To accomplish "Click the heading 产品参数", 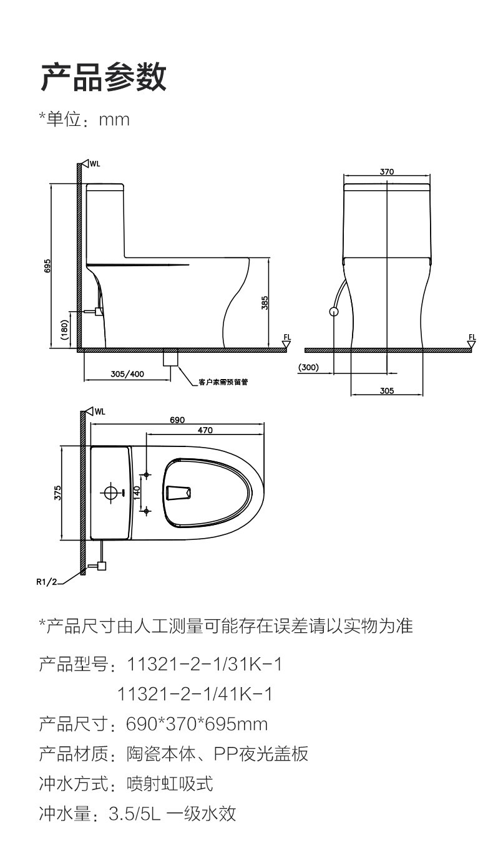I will coord(104,77).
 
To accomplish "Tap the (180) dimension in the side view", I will coord(64,329).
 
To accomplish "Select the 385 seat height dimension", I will coord(265,303).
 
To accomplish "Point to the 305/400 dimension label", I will coord(127,374).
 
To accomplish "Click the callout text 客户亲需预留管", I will coord(223,382).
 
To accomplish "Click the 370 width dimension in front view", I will coord(387,171).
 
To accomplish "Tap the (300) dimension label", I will coord(308,367).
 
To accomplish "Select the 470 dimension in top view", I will coord(205,430).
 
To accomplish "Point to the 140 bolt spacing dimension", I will coord(137,493).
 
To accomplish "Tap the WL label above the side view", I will coord(94,164).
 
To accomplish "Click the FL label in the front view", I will coord(472,337).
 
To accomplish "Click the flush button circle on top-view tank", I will coord(110,493).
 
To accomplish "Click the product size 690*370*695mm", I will coord(197,724).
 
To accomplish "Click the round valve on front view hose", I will coord(334,311).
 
